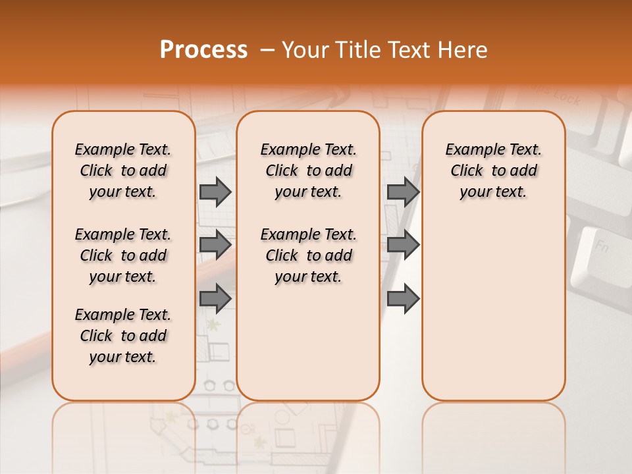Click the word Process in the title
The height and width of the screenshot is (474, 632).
203,49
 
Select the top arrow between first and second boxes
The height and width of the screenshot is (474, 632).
215,192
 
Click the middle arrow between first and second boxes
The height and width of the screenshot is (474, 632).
215,245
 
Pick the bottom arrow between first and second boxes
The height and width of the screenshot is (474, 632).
215,298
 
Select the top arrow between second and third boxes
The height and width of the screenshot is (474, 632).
403,192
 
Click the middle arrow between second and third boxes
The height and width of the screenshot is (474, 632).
403,245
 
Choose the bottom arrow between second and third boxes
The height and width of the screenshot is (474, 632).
403,298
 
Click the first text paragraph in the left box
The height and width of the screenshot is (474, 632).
123,171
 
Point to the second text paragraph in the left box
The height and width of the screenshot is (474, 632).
123,255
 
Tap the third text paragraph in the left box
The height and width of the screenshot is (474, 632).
123,336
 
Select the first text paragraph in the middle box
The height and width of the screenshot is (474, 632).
308,171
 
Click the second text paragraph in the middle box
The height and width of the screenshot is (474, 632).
308,255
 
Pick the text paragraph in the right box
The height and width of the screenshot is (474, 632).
493,171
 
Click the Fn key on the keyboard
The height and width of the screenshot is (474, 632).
601,248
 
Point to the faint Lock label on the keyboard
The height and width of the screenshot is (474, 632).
566,99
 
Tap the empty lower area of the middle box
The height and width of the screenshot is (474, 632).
308,342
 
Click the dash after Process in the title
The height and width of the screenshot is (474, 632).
267,50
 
